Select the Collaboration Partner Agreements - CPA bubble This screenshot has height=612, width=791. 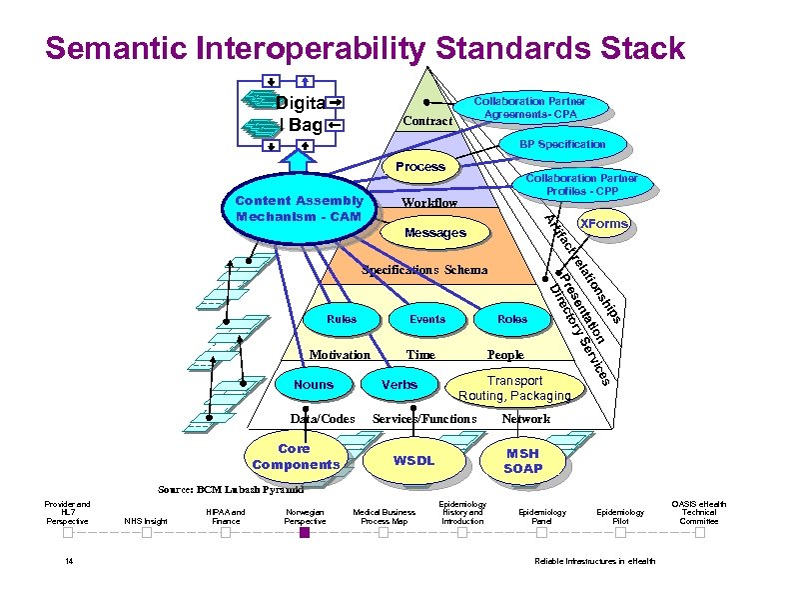tap(529, 108)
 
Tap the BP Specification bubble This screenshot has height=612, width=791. tap(561, 144)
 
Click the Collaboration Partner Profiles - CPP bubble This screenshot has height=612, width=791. tap(582, 184)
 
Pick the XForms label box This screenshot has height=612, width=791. tap(603, 224)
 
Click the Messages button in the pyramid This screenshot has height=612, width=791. tap(434, 233)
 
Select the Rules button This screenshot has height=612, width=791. tap(341, 319)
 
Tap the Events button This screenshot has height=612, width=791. tap(427, 319)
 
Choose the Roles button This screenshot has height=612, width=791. tap(512, 319)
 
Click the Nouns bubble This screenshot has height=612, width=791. tap(314, 384)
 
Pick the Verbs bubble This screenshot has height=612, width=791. tap(399, 384)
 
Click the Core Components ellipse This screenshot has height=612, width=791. tap(295, 457)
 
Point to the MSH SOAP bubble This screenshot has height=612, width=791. tap(522, 461)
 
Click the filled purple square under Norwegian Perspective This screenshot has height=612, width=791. tap(305, 532)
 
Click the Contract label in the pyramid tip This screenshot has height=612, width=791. tap(426, 121)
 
